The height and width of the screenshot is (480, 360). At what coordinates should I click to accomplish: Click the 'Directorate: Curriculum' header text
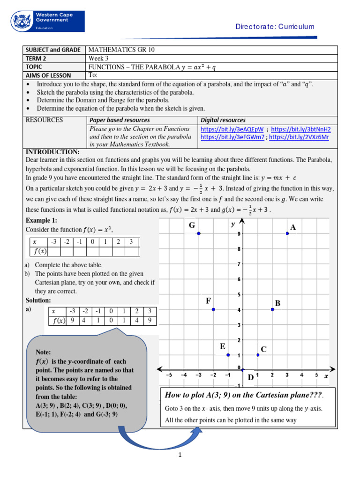275,27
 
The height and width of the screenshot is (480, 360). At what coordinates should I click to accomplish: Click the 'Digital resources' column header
223,120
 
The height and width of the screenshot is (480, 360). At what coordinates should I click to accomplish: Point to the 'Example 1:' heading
41,220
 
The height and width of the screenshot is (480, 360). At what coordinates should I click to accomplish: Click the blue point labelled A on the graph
287,233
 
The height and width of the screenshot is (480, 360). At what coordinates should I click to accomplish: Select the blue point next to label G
199,233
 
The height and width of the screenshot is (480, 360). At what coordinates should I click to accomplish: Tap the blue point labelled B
272,309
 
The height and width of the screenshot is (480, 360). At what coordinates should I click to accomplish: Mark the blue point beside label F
213,309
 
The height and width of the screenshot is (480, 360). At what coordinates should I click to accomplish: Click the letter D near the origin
250,377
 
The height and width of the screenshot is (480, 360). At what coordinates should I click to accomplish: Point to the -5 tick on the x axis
169,375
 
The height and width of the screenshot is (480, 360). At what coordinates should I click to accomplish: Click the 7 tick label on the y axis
239,264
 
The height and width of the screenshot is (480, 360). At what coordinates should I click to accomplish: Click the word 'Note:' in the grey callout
43,352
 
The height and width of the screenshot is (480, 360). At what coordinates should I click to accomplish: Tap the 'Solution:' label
38,300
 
